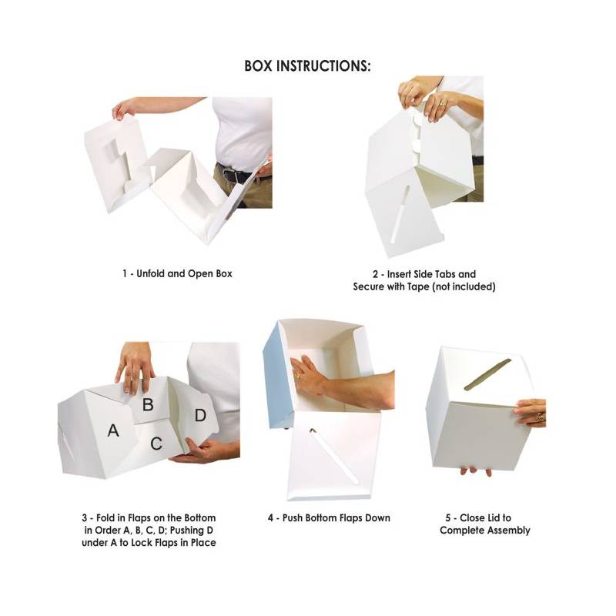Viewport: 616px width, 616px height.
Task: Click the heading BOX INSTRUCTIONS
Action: coord(307,66)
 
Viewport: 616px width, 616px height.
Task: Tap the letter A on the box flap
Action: coord(113,430)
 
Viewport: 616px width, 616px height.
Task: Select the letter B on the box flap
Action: coord(148,404)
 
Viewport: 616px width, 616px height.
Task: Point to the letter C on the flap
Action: coord(156,444)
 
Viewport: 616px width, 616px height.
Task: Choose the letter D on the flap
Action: coord(200,415)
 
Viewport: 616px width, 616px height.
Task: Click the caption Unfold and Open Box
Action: coord(184,273)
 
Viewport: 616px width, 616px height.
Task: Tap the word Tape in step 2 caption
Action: coord(418,286)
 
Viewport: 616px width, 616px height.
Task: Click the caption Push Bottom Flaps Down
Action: coord(336,517)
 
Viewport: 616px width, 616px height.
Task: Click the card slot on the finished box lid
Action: coord(487,375)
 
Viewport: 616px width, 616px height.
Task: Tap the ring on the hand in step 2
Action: coord(443,105)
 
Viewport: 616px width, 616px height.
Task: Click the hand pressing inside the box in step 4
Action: coord(310,376)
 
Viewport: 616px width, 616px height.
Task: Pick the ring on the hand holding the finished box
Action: coord(541,417)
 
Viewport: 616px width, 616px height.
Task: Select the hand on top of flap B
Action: coord(136,368)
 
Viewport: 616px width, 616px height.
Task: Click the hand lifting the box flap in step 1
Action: coord(125,109)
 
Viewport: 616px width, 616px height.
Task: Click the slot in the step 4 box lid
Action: coord(334,456)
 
